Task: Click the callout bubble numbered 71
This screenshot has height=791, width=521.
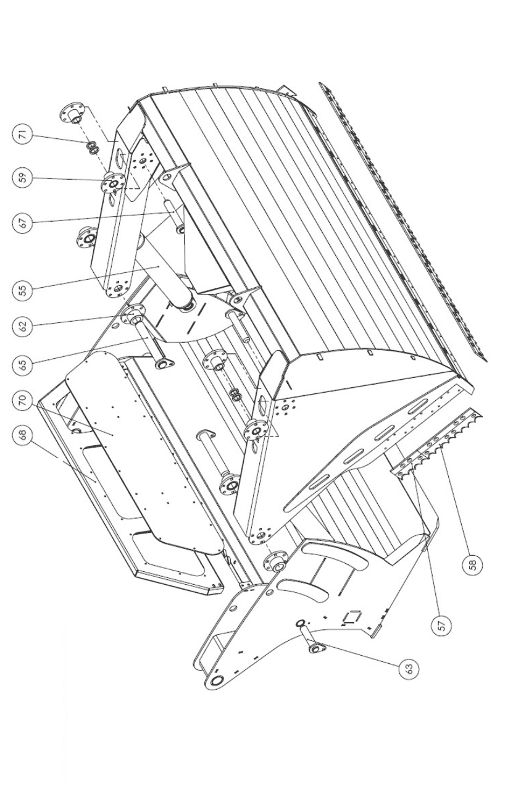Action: pyautogui.click(x=23, y=136)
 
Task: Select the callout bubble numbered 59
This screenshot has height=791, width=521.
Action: pyautogui.click(x=23, y=178)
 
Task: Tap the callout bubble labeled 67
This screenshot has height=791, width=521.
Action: pyautogui.click(x=23, y=223)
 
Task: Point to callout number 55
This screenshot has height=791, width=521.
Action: pyautogui.click(x=23, y=290)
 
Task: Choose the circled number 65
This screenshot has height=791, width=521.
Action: pyautogui.click(x=23, y=364)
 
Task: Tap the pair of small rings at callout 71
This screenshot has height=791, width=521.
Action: pyautogui.click(x=91, y=148)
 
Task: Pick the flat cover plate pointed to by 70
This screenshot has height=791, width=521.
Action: pyautogui.click(x=144, y=438)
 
